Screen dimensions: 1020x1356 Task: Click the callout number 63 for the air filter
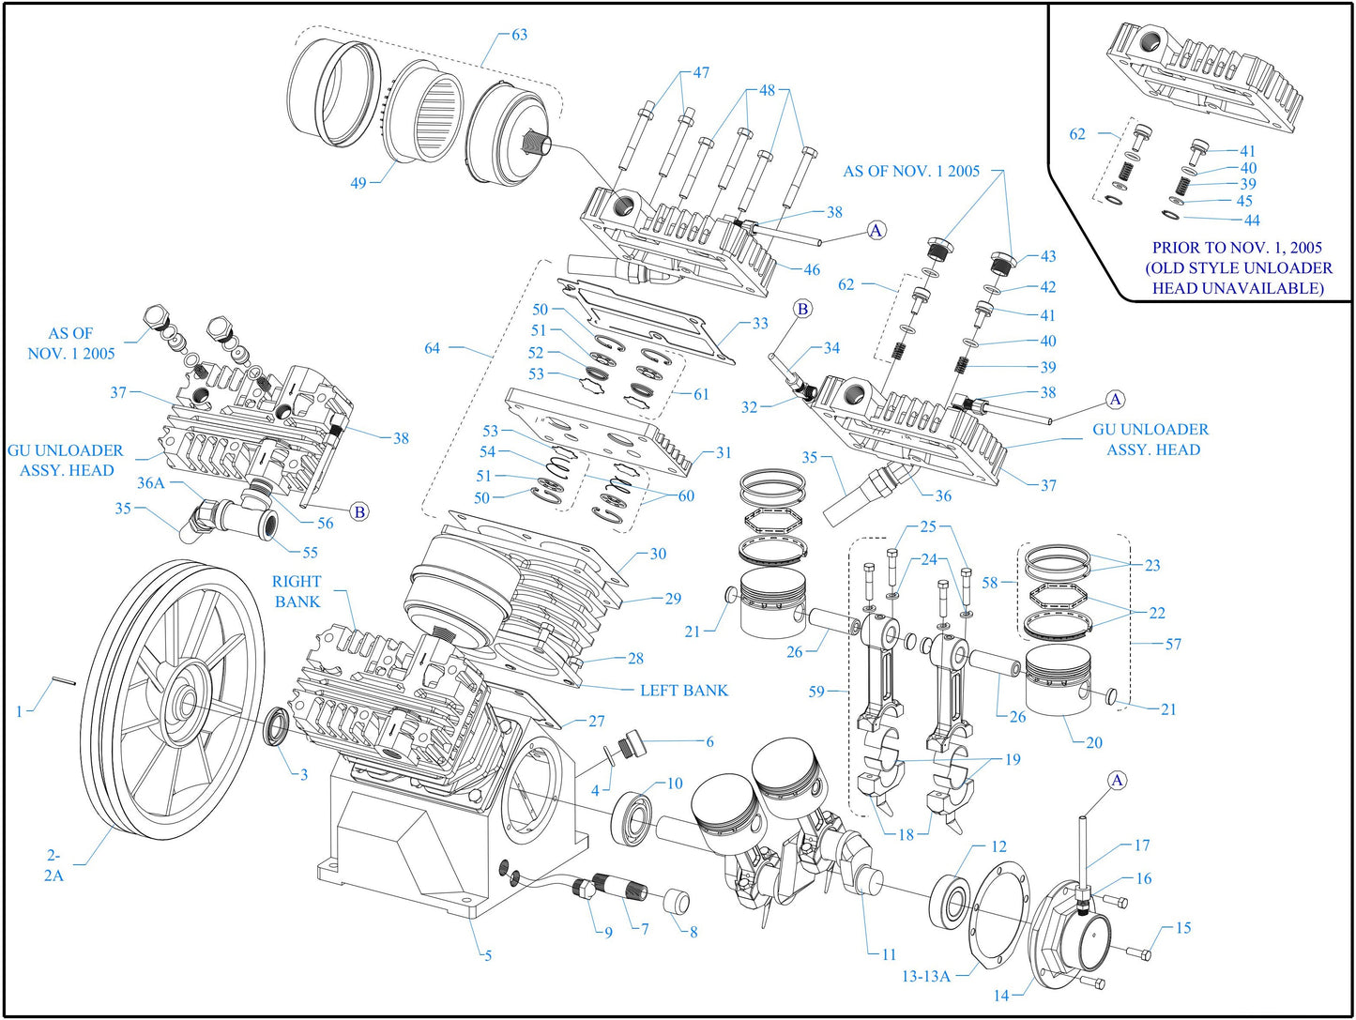pyautogui.click(x=519, y=35)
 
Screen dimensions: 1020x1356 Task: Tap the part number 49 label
pyautogui.click(x=358, y=183)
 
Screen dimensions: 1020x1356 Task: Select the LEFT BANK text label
pyautogui.click(x=683, y=691)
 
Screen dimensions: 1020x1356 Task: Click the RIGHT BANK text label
pyautogui.click(x=297, y=591)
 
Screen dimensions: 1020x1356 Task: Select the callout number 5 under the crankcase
pyautogui.click(x=487, y=955)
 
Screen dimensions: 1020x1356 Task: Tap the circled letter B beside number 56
pyautogui.click(x=358, y=511)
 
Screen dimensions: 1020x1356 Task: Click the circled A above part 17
pyautogui.click(x=1117, y=781)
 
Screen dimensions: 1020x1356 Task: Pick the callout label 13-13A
pyautogui.click(x=925, y=976)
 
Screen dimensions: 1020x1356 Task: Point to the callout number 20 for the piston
pyautogui.click(x=1093, y=742)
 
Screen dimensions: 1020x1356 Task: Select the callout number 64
pyautogui.click(x=432, y=348)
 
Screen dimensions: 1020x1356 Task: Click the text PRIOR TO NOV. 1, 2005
pyautogui.click(x=1237, y=248)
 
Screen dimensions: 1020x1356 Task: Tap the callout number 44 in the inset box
pyautogui.click(x=1251, y=221)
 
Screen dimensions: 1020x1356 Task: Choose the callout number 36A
pyautogui.click(x=150, y=482)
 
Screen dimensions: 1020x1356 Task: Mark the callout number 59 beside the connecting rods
pyautogui.click(x=816, y=692)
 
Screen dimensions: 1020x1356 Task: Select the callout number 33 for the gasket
pyautogui.click(x=759, y=324)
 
